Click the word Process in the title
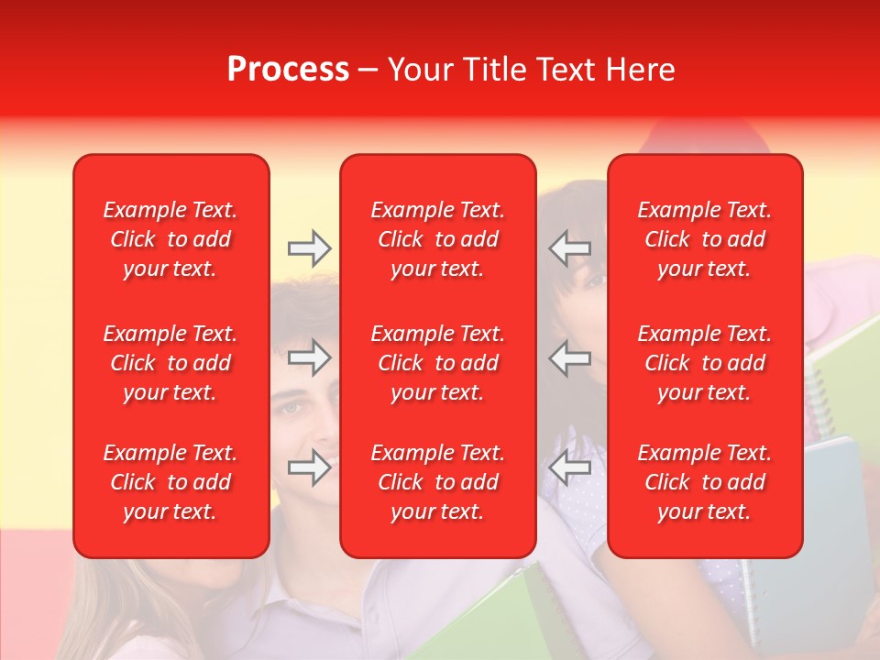tap(288, 70)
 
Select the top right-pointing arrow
tap(310, 248)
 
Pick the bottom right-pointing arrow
tap(310, 468)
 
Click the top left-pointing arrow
tap(569, 248)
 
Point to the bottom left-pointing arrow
tap(569, 468)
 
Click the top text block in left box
tap(170, 239)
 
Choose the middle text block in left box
tap(170, 363)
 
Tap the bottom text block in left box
tap(170, 482)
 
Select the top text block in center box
tap(438, 239)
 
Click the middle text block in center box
tap(438, 363)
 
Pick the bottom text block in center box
tap(438, 482)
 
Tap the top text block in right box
tap(705, 239)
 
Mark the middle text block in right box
tap(705, 363)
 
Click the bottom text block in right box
tap(705, 482)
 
